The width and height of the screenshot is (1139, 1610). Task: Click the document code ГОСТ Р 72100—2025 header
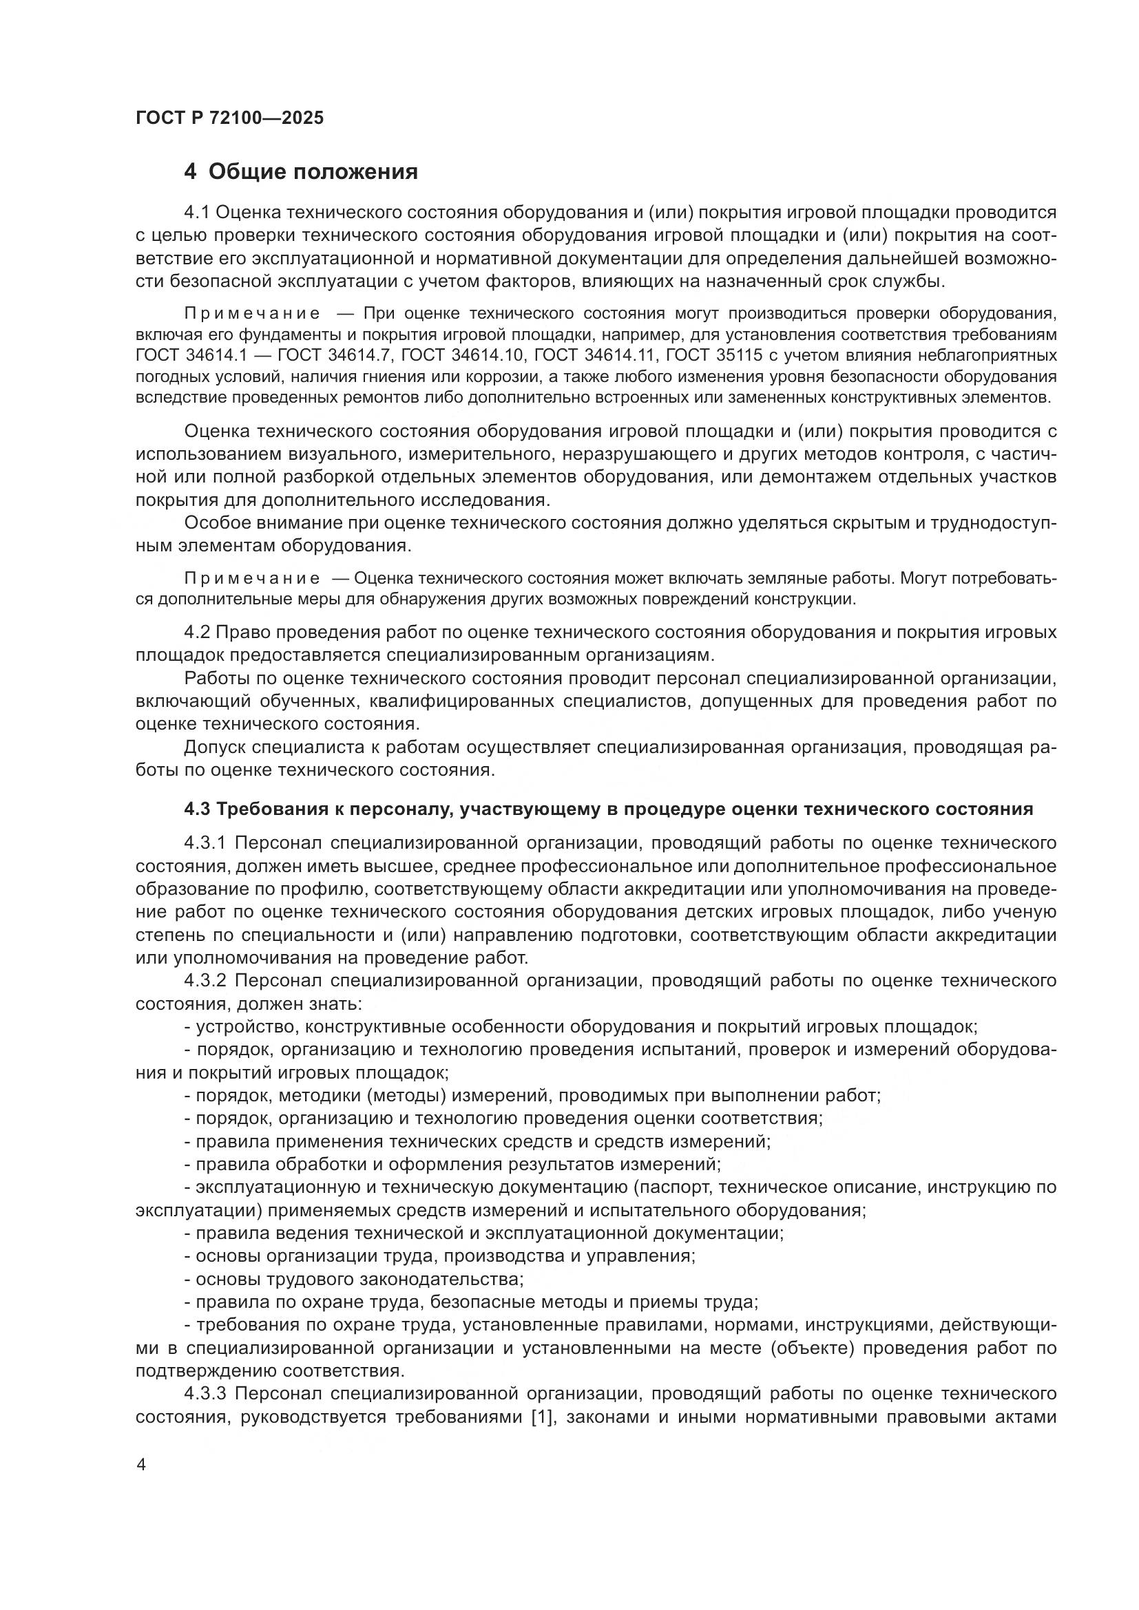[229, 118]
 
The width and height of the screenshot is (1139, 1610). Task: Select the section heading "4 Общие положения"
[301, 171]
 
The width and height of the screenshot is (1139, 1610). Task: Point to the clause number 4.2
[196, 632]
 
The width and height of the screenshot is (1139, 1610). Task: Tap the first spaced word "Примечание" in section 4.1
[252, 313]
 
